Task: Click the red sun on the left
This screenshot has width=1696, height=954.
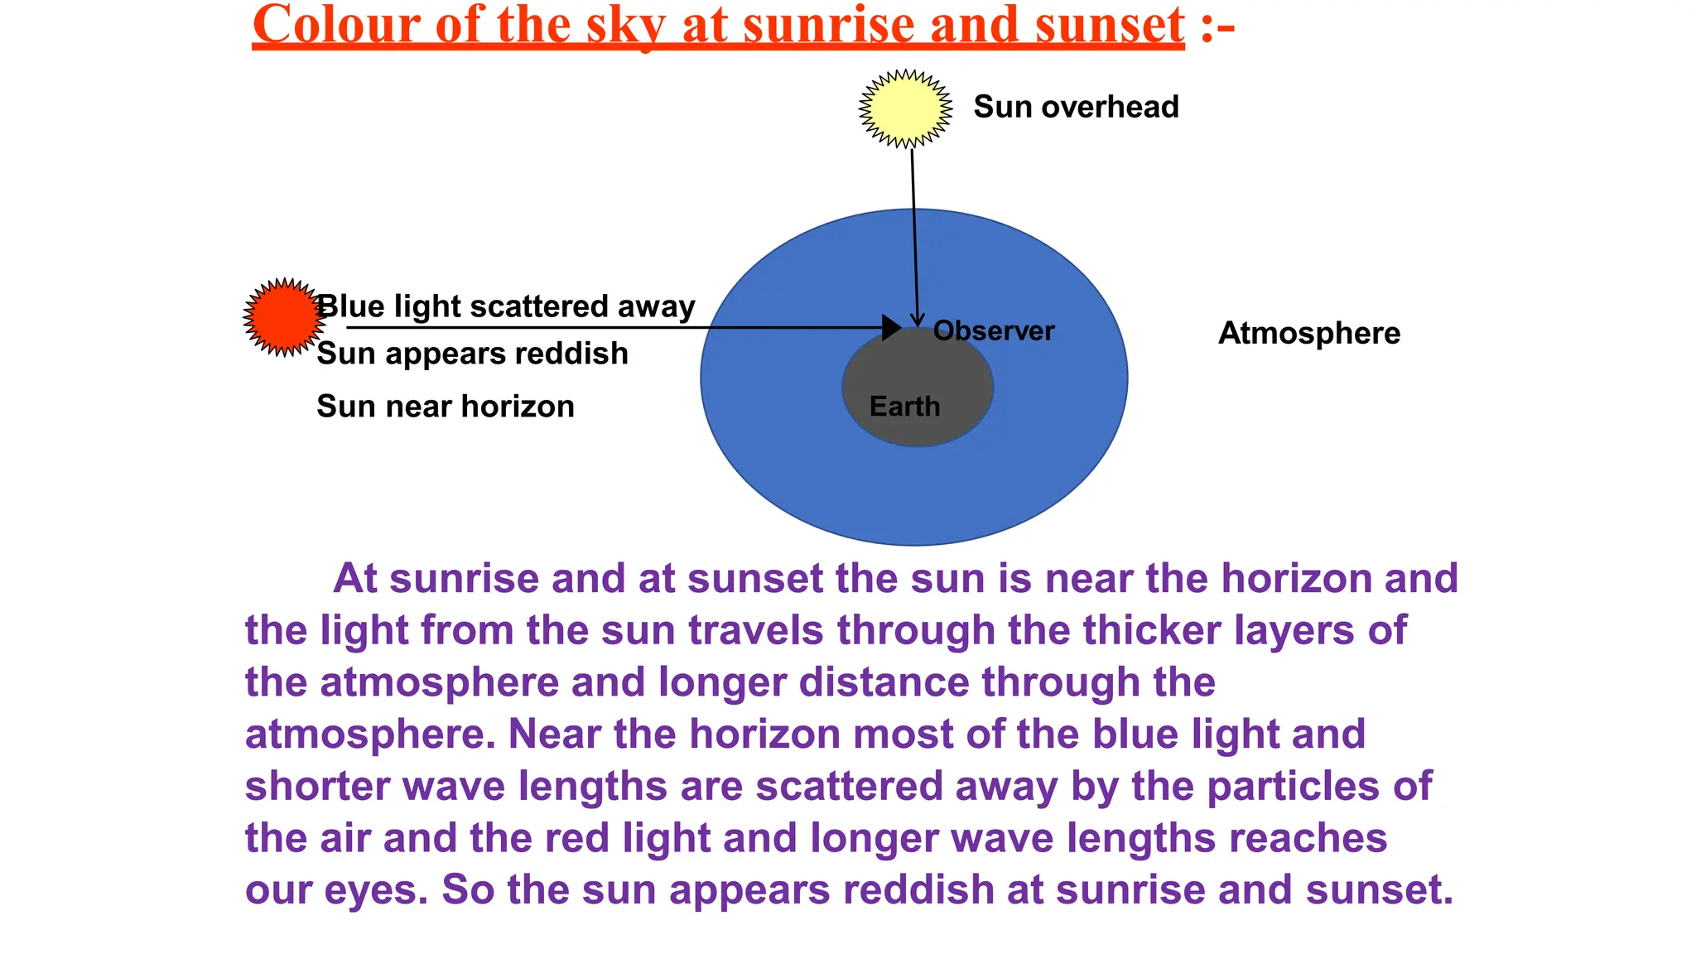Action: pos(283,317)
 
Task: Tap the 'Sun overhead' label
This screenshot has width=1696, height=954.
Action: pos(1076,107)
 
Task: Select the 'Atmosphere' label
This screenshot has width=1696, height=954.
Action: pos(1308,333)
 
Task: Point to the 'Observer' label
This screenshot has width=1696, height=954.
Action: pos(994,331)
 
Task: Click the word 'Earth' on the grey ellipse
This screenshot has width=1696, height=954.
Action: pos(904,407)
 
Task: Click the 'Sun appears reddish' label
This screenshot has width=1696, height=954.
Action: pos(472,354)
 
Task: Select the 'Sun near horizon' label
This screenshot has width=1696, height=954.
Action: pos(445,407)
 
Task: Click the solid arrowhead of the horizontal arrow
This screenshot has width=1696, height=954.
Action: pos(891,328)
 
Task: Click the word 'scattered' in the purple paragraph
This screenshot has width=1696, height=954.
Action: pos(849,786)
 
